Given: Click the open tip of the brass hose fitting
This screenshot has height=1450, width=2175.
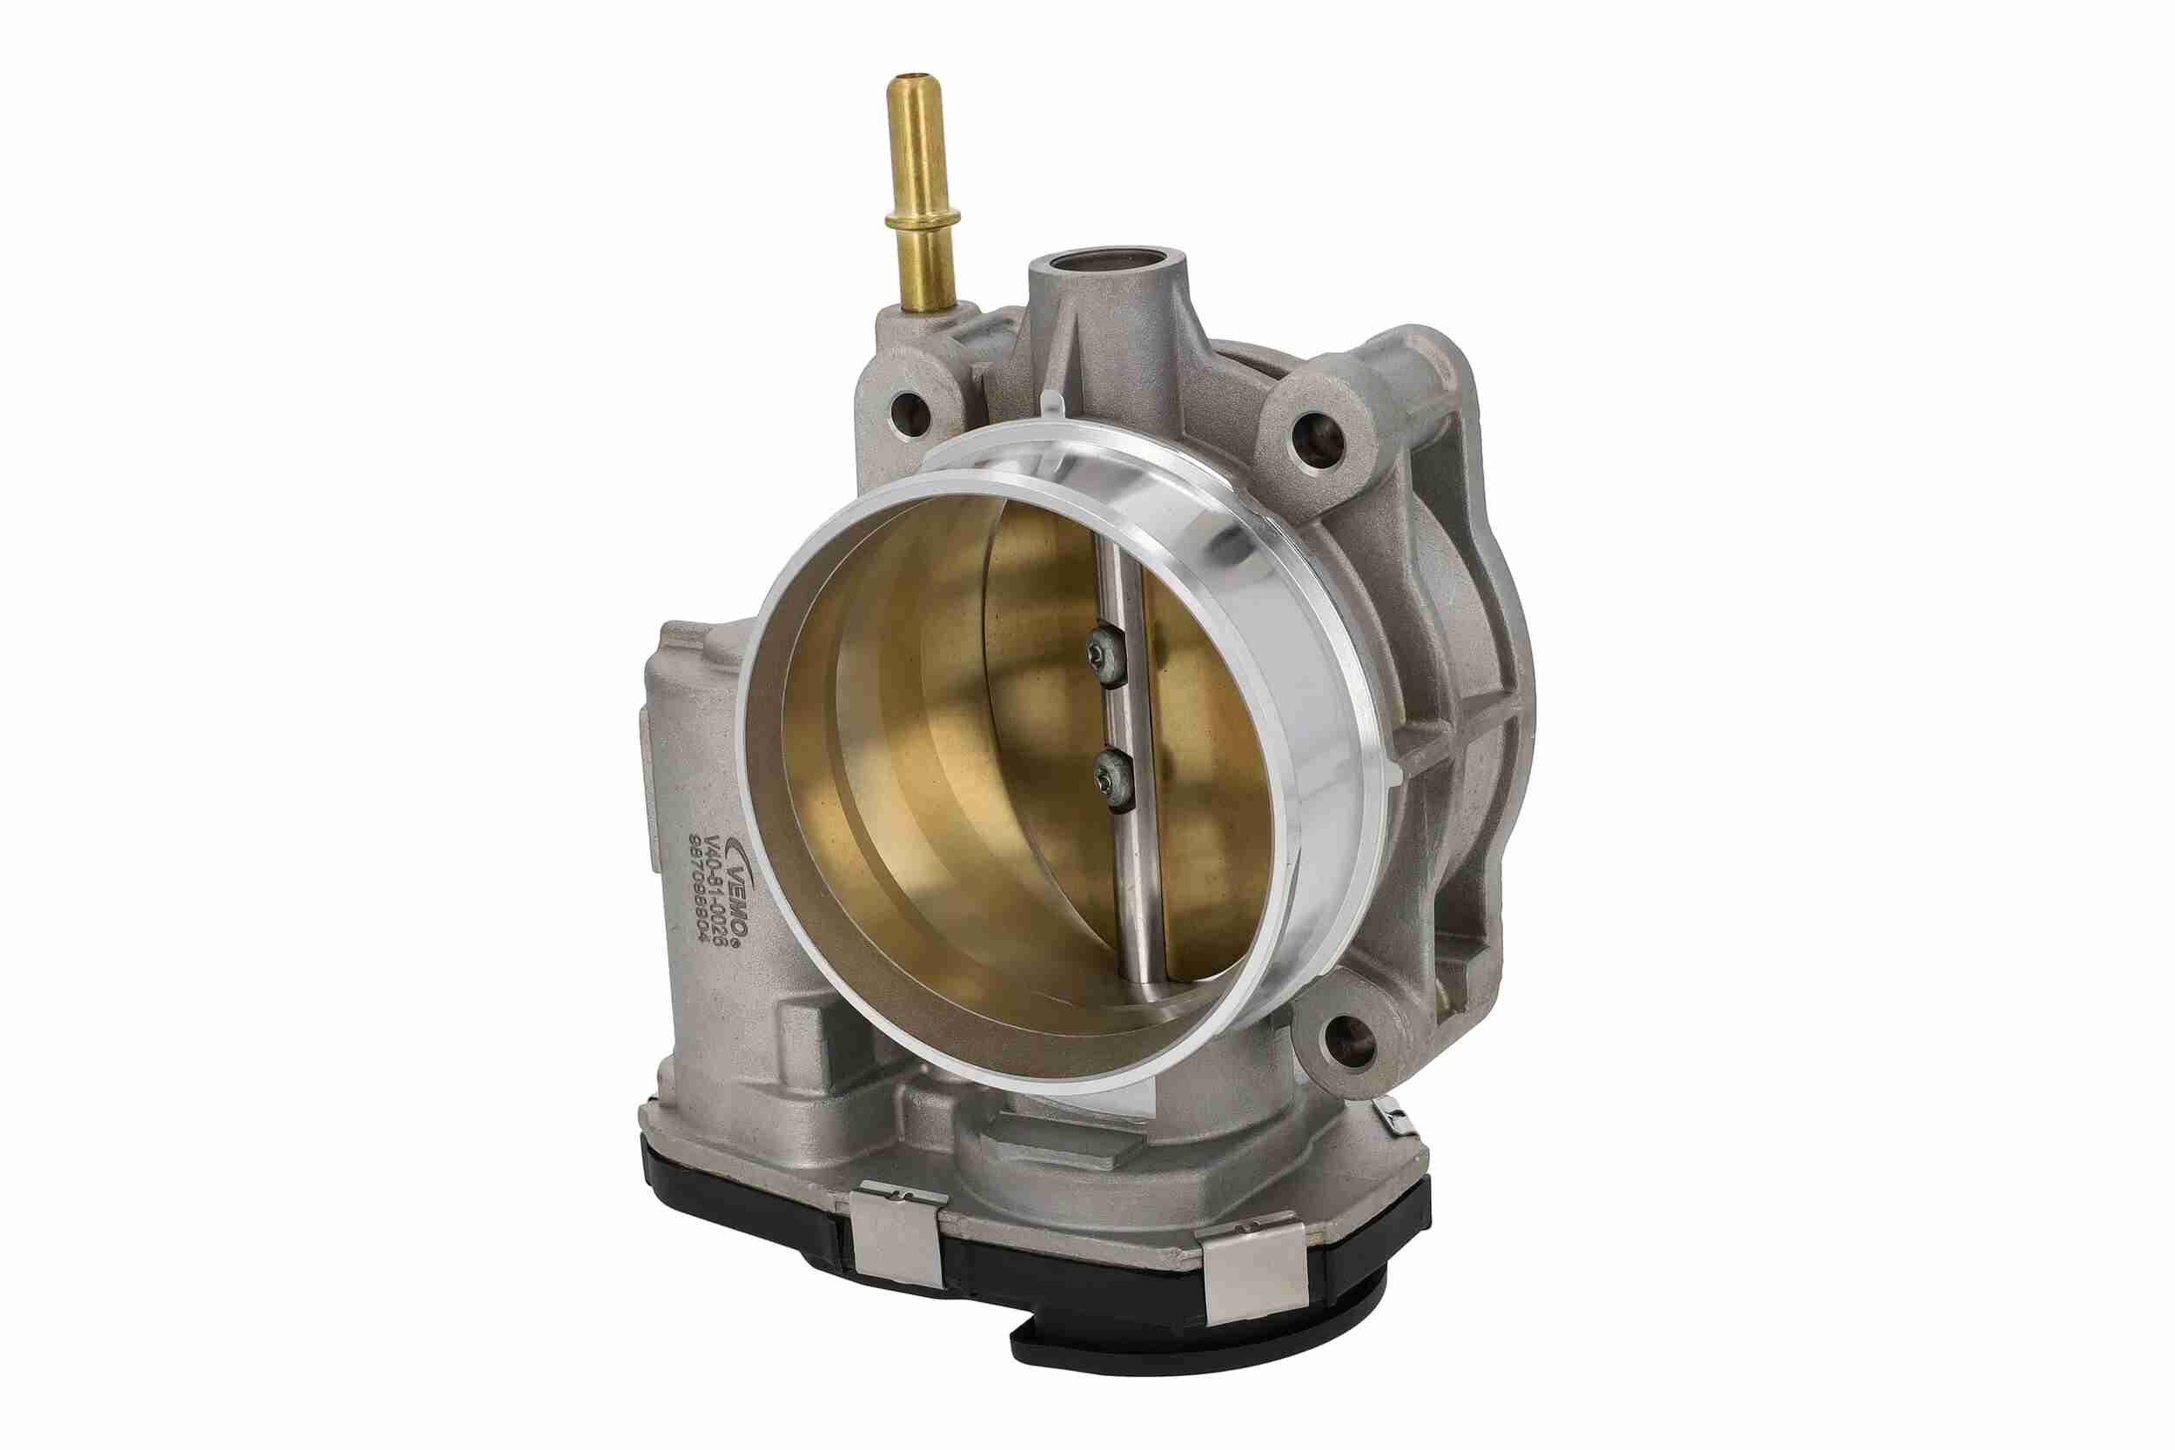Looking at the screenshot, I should [913, 79].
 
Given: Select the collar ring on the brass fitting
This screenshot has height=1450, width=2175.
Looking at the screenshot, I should [920, 219].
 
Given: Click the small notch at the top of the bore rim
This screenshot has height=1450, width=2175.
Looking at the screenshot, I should [1053, 407].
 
